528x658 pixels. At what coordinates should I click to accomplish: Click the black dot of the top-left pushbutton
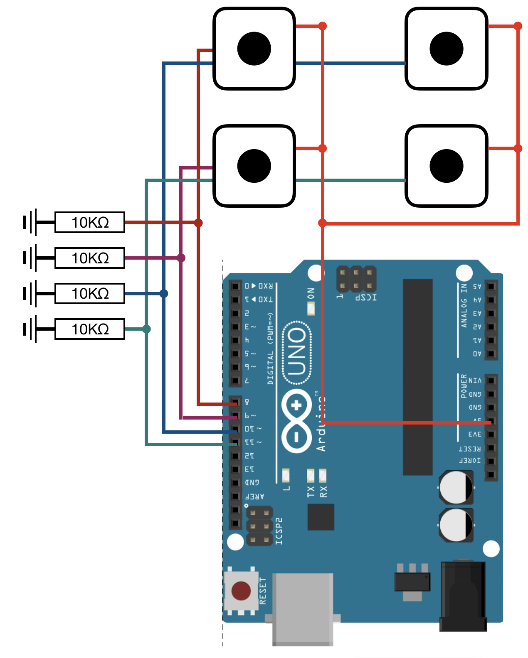[254, 49]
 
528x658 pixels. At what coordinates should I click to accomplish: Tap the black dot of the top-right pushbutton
[447, 49]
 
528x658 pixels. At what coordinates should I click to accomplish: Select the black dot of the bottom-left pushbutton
[254, 166]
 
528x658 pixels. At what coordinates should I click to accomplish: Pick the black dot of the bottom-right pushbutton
[447, 166]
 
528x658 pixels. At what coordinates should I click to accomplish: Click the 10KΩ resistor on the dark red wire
[90, 222]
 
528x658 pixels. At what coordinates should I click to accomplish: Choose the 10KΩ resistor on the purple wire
[90, 258]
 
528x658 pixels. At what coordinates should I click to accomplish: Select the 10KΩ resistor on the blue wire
[90, 294]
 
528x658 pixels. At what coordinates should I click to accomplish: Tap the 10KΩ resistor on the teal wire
[90, 329]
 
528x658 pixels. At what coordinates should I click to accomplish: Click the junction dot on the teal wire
[146, 329]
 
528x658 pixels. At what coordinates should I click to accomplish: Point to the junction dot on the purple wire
[181, 258]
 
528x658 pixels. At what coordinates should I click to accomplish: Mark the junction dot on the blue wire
[164, 294]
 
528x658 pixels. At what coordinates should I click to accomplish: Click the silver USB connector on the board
[303, 609]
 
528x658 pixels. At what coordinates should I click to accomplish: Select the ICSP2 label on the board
[279, 531]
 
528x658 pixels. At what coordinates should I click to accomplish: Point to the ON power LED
[311, 309]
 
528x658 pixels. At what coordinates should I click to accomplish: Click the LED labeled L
[286, 475]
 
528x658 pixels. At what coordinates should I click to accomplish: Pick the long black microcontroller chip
[417, 377]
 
